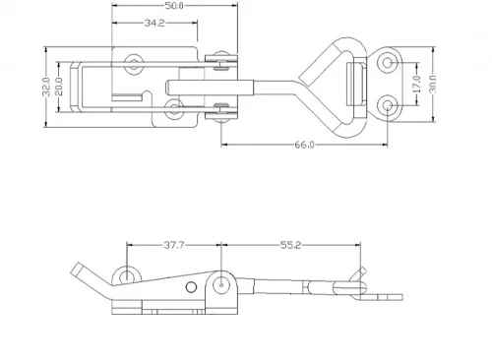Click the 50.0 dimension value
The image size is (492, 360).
click(x=174, y=6)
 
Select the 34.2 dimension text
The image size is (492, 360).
click(x=154, y=23)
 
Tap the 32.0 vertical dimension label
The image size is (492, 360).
click(x=46, y=87)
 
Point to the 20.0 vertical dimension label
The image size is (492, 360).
click(x=59, y=87)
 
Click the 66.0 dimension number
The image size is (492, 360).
click(x=304, y=145)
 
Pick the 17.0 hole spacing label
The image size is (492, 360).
click(x=416, y=84)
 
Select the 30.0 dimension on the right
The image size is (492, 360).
click(x=433, y=84)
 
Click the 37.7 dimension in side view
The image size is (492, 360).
click(x=174, y=245)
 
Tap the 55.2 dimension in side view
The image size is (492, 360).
click(x=290, y=245)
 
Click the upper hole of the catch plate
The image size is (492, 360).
click(x=388, y=62)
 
